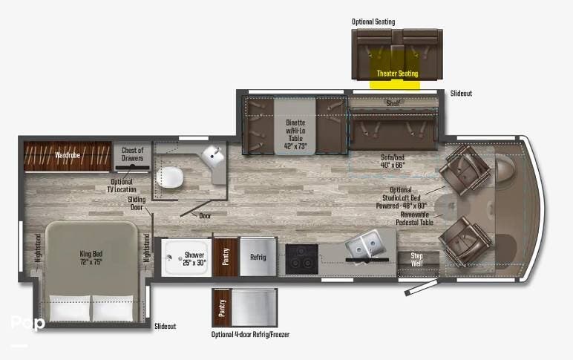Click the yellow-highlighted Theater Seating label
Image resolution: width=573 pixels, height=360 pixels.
397,73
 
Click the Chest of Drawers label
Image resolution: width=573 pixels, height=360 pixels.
132,154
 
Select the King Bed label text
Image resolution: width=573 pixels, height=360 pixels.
91,258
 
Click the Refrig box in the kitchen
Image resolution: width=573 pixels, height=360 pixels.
258,258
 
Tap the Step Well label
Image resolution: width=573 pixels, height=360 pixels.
418,260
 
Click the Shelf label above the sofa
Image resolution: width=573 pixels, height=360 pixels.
393,103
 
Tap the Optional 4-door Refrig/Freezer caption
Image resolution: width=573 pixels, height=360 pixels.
250,335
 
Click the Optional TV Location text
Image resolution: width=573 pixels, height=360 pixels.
122,186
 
